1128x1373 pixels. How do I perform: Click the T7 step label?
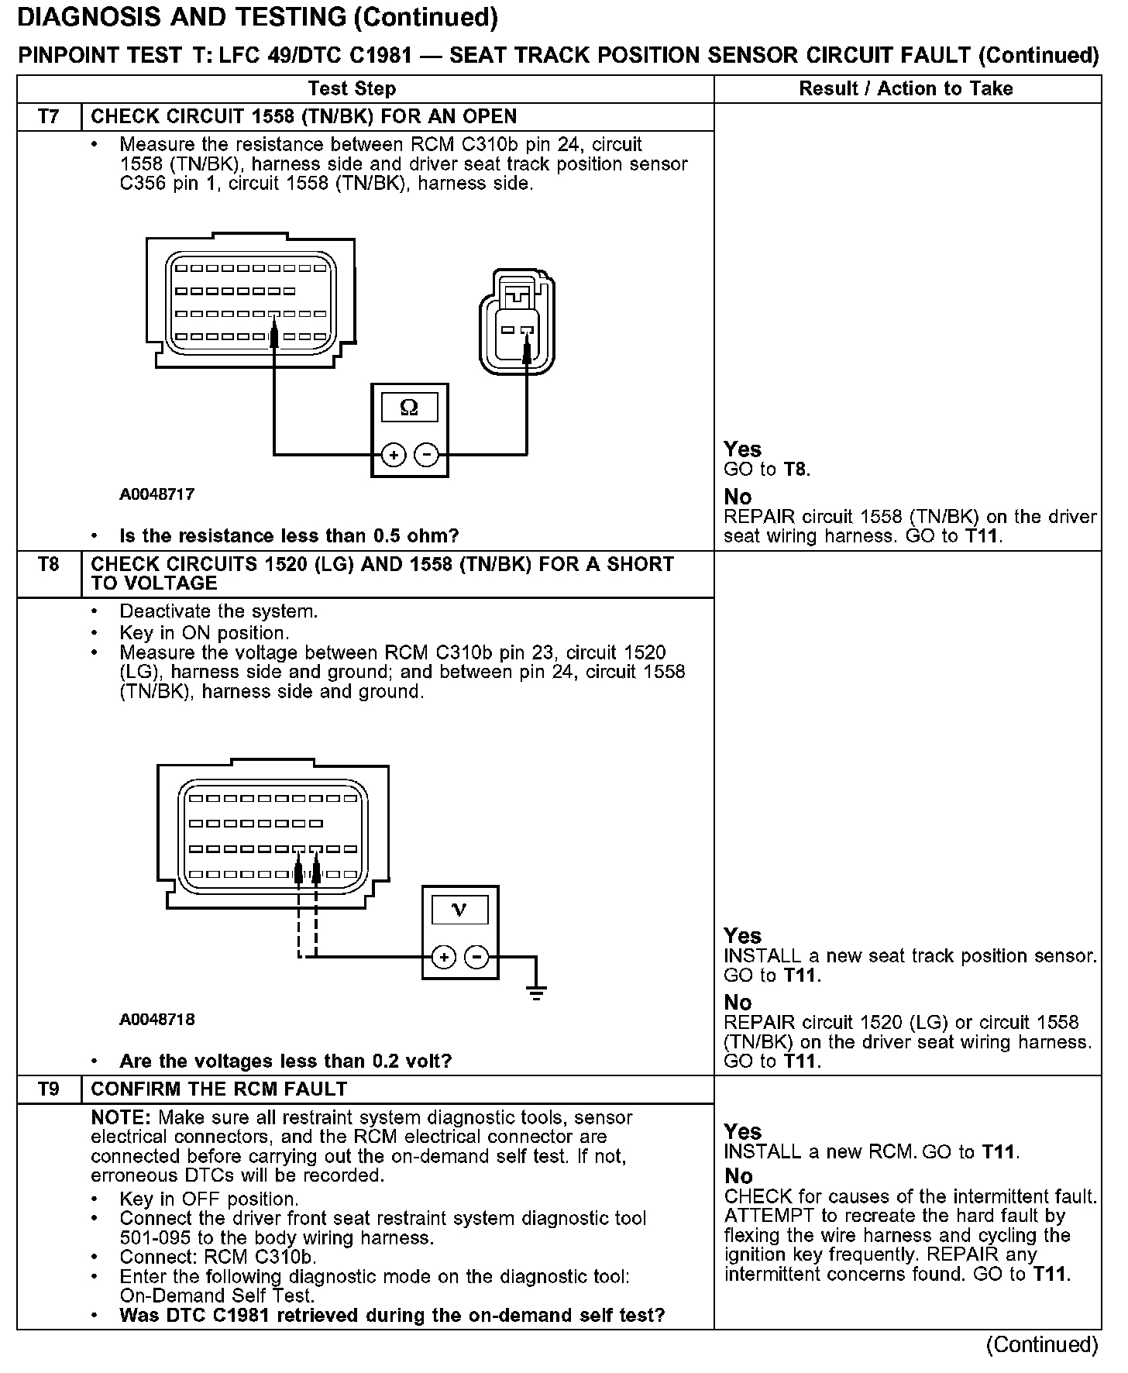(x=48, y=117)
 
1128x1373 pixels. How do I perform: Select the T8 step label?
(x=48, y=564)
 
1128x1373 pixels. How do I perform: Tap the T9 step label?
(x=48, y=1089)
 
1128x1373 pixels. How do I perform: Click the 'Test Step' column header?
(x=352, y=88)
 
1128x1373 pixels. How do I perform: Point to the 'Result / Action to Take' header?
(x=906, y=88)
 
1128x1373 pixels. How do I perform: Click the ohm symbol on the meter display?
(x=410, y=408)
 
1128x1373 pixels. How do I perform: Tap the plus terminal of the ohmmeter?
(x=394, y=455)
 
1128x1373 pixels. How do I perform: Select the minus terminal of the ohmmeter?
(x=426, y=455)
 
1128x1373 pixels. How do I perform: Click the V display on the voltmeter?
(x=459, y=910)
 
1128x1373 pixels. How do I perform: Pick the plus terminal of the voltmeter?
(x=444, y=958)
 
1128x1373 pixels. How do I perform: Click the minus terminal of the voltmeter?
(x=476, y=958)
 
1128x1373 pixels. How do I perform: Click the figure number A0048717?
(x=157, y=494)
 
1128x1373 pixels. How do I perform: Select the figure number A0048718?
(x=157, y=1019)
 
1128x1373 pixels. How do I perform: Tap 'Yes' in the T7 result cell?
(x=742, y=449)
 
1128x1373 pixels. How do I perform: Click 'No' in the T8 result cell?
(x=738, y=1003)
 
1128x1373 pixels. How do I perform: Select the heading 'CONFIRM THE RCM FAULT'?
(x=219, y=1089)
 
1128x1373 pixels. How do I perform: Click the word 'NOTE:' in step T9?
(x=121, y=1117)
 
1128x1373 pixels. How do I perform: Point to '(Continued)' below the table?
(x=1042, y=1345)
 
